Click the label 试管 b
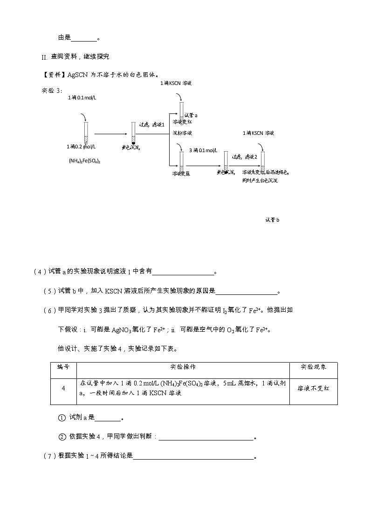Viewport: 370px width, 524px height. tap(272, 220)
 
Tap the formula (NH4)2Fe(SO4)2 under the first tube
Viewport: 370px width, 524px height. tap(85, 161)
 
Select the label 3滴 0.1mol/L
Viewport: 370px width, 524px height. tap(203, 150)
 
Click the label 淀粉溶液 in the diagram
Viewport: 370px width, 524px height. tap(182, 133)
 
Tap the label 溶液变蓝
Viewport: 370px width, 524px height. tap(181, 174)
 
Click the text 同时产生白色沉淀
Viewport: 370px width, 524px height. tap(260, 180)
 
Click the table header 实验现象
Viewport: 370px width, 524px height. tap(313, 367)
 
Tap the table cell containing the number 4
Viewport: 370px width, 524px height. tap(63, 388)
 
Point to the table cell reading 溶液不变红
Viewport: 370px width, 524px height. tap(313, 388)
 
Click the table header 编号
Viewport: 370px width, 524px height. tap(63, 367)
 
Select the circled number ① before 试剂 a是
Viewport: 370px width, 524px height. tap(62, 418)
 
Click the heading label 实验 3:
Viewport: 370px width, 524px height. tap(52, 91)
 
